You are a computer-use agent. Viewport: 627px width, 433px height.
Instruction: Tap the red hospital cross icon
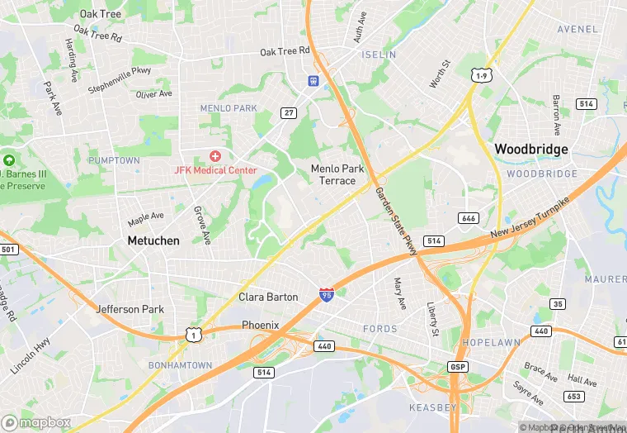point(215,155)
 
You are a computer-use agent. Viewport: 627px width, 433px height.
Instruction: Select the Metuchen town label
point(153,240)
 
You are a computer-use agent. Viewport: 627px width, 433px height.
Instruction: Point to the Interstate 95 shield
point(328,294)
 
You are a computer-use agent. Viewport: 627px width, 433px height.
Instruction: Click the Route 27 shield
point(288,113)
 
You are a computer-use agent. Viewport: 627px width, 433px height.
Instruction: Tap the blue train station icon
point(314,81)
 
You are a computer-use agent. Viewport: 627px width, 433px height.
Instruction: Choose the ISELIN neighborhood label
point(379,55)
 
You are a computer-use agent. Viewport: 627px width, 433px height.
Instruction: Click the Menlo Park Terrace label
point(337,174)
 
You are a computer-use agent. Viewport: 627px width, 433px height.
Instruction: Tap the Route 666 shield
point(469,218)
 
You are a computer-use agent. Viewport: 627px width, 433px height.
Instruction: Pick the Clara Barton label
point(268,297)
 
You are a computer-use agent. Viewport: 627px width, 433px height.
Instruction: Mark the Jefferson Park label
point(130,309)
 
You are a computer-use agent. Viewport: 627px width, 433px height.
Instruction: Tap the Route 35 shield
point(559,304)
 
